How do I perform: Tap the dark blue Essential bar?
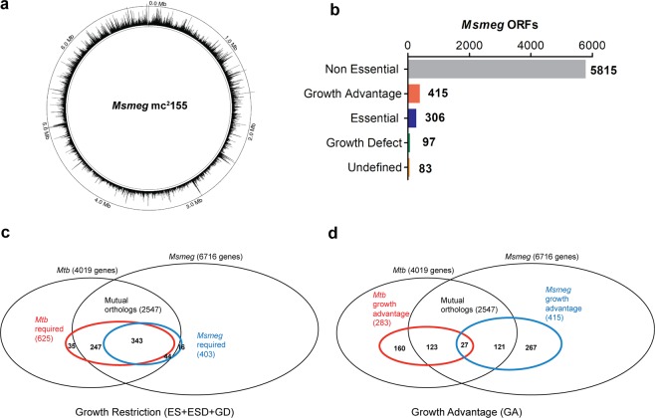412,116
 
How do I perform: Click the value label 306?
438,117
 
